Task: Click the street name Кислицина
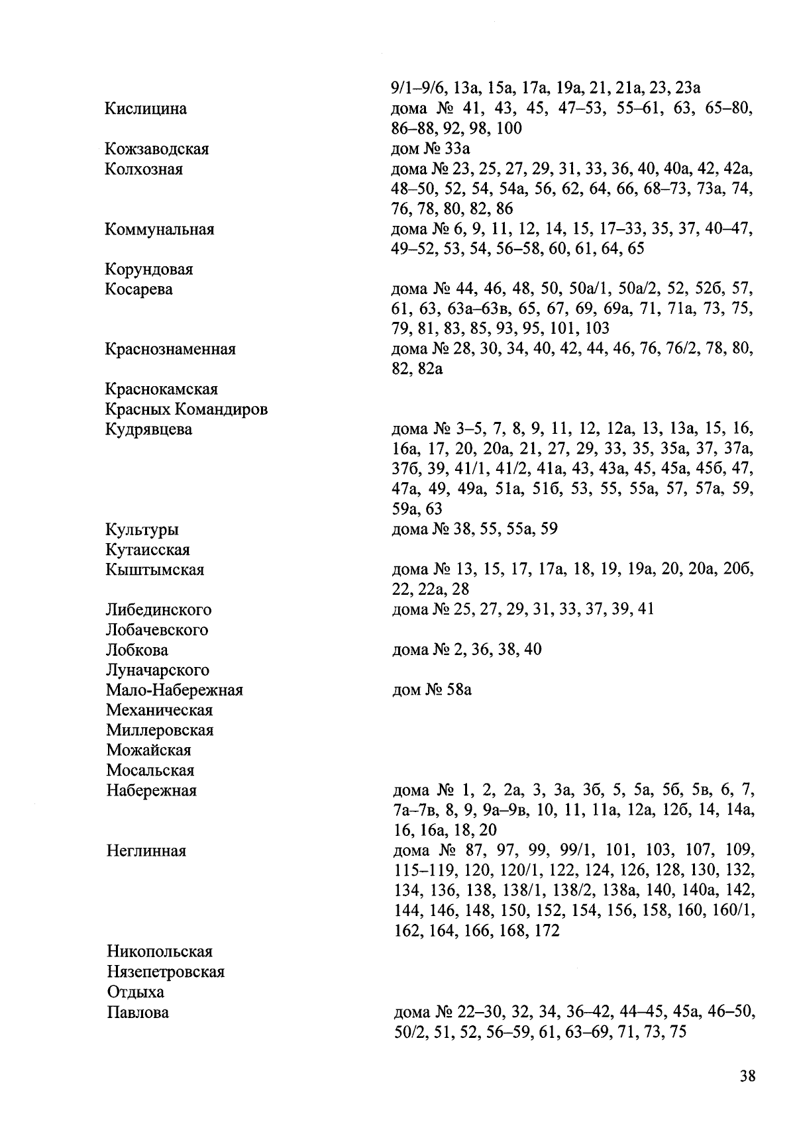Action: (x=146, y=109)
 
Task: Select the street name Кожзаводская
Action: (x=157, y=149)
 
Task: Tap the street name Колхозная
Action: (x=144, y=169)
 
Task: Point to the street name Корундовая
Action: (x=149, y=270)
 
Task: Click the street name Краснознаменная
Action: (x=170, y=349)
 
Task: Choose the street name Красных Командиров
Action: (x=186, y=409)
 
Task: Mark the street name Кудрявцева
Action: (x=148, y=429)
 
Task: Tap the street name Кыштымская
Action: (x=154, y=570)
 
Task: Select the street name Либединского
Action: (x=158, y=609)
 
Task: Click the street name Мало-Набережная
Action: (x=174, y=690)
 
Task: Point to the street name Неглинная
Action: (x=146, y=851)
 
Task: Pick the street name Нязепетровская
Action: (x=166, y=972)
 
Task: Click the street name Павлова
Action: (x=138, y=1013)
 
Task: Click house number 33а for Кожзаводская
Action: (x=456, y=149)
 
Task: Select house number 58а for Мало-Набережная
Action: (x=458, y=690)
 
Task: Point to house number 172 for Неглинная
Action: (x=547, y=931)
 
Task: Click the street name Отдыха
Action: (x=135, y=992)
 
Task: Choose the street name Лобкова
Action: (x=137, y=650)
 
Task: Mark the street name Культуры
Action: (x=142, y=530)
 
